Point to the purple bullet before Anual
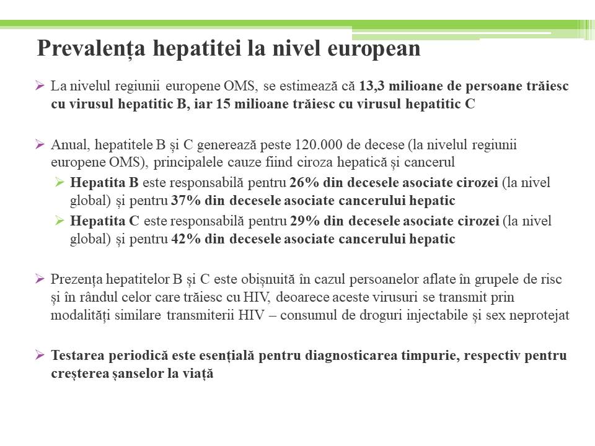[40, 146]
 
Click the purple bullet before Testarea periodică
[40, 356]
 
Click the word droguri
[369, 315]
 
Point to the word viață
[198, 374]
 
